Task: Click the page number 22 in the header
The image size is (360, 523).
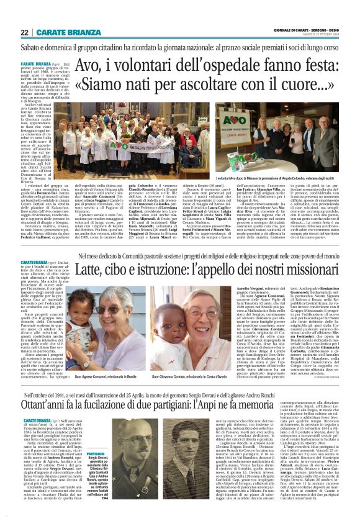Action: pos(24,32)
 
